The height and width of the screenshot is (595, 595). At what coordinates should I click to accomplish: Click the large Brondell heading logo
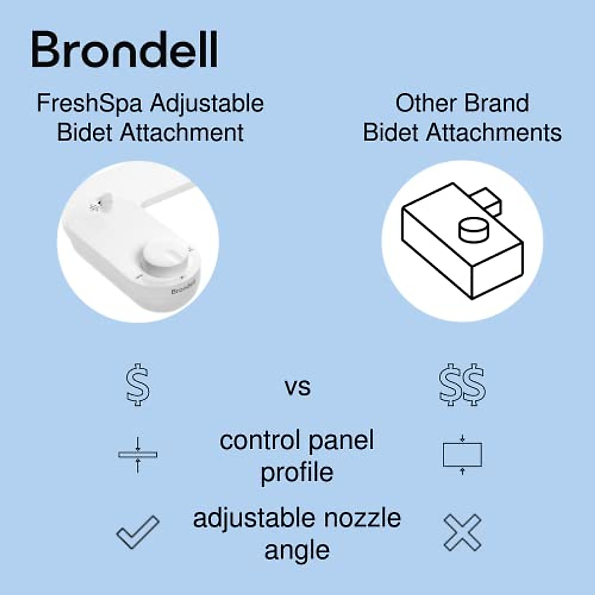click(x=124, y=50)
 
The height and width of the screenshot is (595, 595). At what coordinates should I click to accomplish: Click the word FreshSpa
click(x=89, y=104)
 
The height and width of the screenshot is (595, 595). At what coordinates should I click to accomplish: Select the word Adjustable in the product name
click(x=207, y=104)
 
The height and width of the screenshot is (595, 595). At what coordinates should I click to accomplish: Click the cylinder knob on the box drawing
click(x=473, y=230)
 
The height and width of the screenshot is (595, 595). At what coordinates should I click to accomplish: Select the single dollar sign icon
click(x=137, y=386)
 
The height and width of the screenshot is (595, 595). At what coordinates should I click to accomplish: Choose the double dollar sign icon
click(x=462, y=386)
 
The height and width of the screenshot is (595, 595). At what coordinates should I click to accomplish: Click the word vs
click(x=297, y=387)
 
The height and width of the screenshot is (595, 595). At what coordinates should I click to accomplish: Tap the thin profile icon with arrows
click(x=138, y=454)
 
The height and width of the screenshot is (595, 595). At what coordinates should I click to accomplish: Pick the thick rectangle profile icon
click(x=462, y=455)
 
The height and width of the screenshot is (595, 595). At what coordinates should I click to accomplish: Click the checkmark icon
click(x=138, y=532)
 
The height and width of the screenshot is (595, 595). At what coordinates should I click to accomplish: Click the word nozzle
click(x=362, y=519)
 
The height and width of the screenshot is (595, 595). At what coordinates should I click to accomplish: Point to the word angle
click(x=297, y=550)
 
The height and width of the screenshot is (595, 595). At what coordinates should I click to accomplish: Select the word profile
click(x=297, y=473)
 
